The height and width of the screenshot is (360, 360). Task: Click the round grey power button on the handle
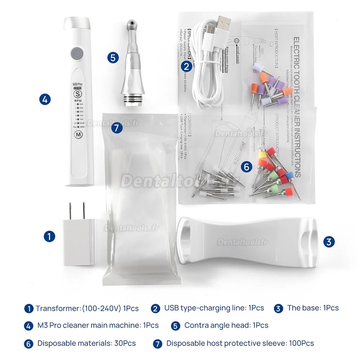point(76,54)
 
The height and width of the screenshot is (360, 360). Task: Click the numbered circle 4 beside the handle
point(44,100)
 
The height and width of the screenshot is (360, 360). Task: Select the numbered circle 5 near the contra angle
point(113,57)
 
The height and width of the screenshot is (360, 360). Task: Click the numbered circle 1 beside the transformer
point(49,236)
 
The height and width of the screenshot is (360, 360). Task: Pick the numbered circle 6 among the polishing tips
point(246,167)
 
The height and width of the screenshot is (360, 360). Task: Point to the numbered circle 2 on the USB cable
point(186,66)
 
